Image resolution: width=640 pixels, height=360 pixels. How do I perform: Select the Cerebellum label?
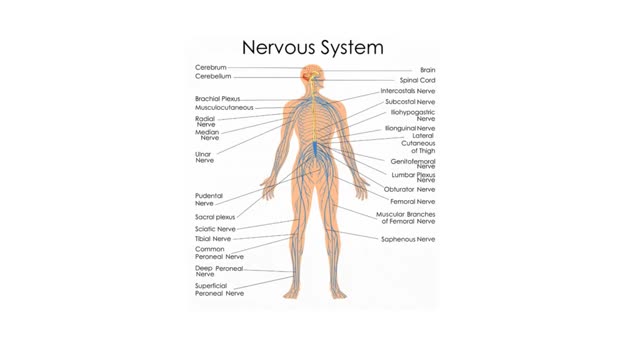(213, 77)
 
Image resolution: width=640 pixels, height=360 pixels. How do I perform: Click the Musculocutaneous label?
(224, 108)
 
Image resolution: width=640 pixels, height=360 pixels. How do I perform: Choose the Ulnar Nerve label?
(205, 157)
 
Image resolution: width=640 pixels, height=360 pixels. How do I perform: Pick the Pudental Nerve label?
(210, 199)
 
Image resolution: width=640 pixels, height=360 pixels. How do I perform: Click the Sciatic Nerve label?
(215, 229)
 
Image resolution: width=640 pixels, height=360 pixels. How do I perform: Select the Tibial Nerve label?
(213, 239)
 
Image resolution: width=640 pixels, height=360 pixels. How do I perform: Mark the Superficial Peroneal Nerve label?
(219, 290)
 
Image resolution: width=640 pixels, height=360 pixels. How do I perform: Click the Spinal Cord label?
(415, 80)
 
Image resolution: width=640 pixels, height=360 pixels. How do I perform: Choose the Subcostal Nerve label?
(411, 102)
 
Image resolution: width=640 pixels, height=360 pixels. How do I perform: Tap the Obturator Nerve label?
(411, 189)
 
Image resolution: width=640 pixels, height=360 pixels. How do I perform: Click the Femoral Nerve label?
(412, 201)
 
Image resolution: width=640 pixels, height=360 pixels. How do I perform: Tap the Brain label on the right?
(426, 70)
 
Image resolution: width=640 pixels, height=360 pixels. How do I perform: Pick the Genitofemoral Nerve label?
(412, 162)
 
